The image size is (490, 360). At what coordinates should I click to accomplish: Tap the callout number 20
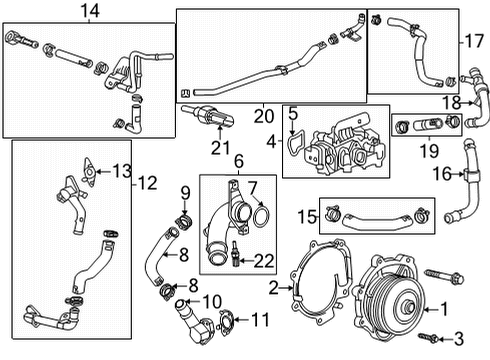click(x=263, y=117)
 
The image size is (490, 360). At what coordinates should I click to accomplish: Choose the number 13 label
click(x=122, y=170)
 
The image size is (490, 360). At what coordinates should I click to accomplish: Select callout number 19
click(x=426, y=151)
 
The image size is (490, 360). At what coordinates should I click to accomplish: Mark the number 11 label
click(x=260, y=320)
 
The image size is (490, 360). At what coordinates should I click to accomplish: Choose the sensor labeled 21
click(x=207, y=116)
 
